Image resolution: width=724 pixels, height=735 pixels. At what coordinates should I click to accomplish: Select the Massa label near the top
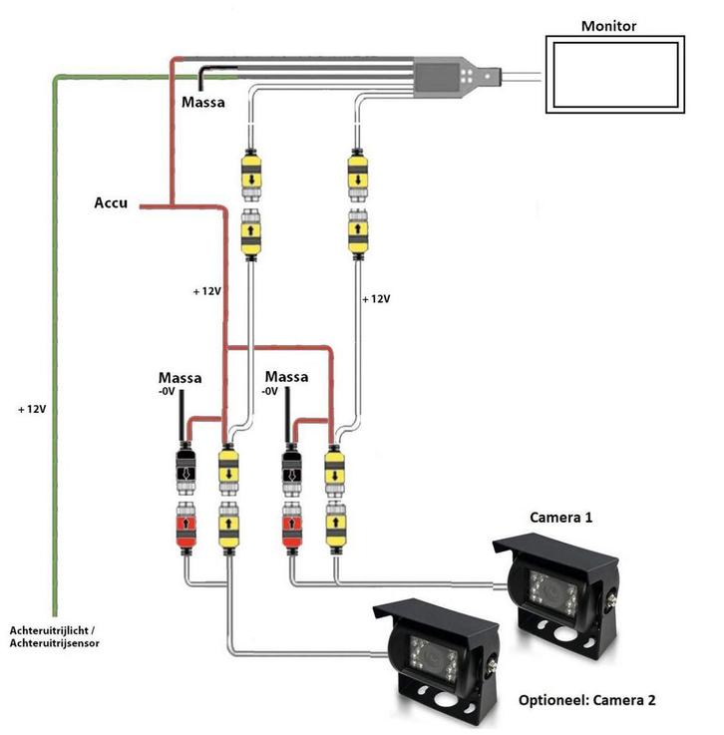tap(201, 102)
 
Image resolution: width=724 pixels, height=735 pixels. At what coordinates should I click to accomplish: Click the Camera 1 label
tap(560, 519)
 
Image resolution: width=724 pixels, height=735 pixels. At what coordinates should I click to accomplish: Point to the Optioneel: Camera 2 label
tap(587, 700)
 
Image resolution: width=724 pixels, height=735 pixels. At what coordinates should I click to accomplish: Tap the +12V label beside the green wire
tap(34, 410)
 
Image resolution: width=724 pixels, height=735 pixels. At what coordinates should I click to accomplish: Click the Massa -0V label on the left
tap(180, 383)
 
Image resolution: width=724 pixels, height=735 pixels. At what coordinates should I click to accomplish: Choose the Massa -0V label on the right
tap(286, 383)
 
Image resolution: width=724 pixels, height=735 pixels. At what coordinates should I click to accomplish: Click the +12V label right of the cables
tap(375, 298)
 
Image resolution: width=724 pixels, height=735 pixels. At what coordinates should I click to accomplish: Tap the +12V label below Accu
tap(207, 291)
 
